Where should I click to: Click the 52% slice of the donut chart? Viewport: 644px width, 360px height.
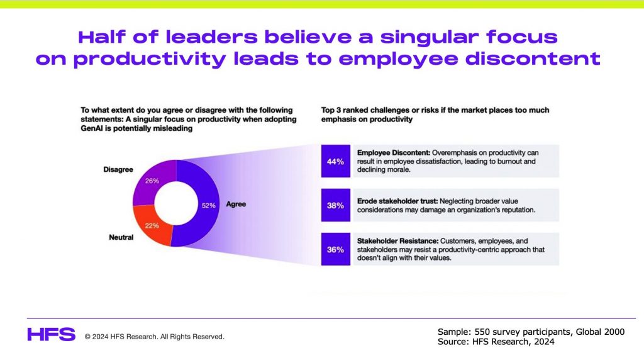(208, 205)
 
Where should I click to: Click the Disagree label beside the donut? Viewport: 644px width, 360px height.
(118, 169)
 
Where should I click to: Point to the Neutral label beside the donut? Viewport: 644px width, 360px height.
(121, 237)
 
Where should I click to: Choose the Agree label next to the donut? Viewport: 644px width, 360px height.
(236, 204)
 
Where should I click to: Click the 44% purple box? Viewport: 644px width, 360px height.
(336, 161)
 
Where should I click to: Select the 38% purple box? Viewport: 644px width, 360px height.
(336, 205)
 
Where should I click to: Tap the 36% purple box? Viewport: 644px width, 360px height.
(336, 249)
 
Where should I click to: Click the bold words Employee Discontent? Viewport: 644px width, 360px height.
(394, 152)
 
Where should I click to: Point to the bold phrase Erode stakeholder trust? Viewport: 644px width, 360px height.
(397, 201)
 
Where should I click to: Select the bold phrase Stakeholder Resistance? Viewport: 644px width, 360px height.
(397, 241)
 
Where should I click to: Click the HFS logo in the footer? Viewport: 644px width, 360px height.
(52, 335)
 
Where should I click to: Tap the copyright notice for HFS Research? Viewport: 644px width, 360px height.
(155, 337)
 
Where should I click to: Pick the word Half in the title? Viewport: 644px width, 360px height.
(101, 37)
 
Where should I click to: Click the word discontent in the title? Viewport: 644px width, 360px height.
(533, 59)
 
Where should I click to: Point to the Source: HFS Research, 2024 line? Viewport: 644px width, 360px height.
(496, 342)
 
